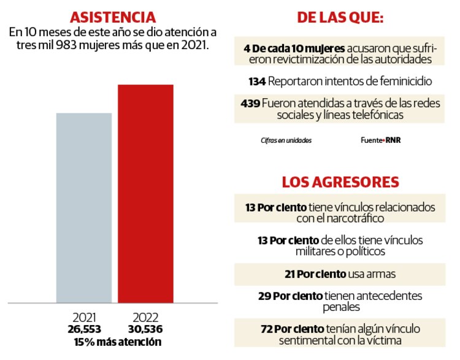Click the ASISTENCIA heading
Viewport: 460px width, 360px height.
(x=112, y=17)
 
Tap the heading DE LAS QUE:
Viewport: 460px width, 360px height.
(x=340, y=18)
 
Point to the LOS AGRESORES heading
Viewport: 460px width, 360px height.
(x=340, y=182)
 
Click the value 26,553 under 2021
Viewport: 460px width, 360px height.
(x=85, y=329)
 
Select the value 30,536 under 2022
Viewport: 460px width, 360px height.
(x=145, y=329)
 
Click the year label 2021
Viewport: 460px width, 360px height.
(x=85, y=318)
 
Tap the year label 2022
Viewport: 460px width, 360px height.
(x=145, y=318)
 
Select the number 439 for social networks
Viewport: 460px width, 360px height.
(x=250, y=103)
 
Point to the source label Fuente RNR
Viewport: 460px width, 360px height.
(x=381, y=140)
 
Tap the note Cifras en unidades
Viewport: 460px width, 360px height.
(x=286, y=140)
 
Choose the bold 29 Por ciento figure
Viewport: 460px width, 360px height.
(x=289, y=296)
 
